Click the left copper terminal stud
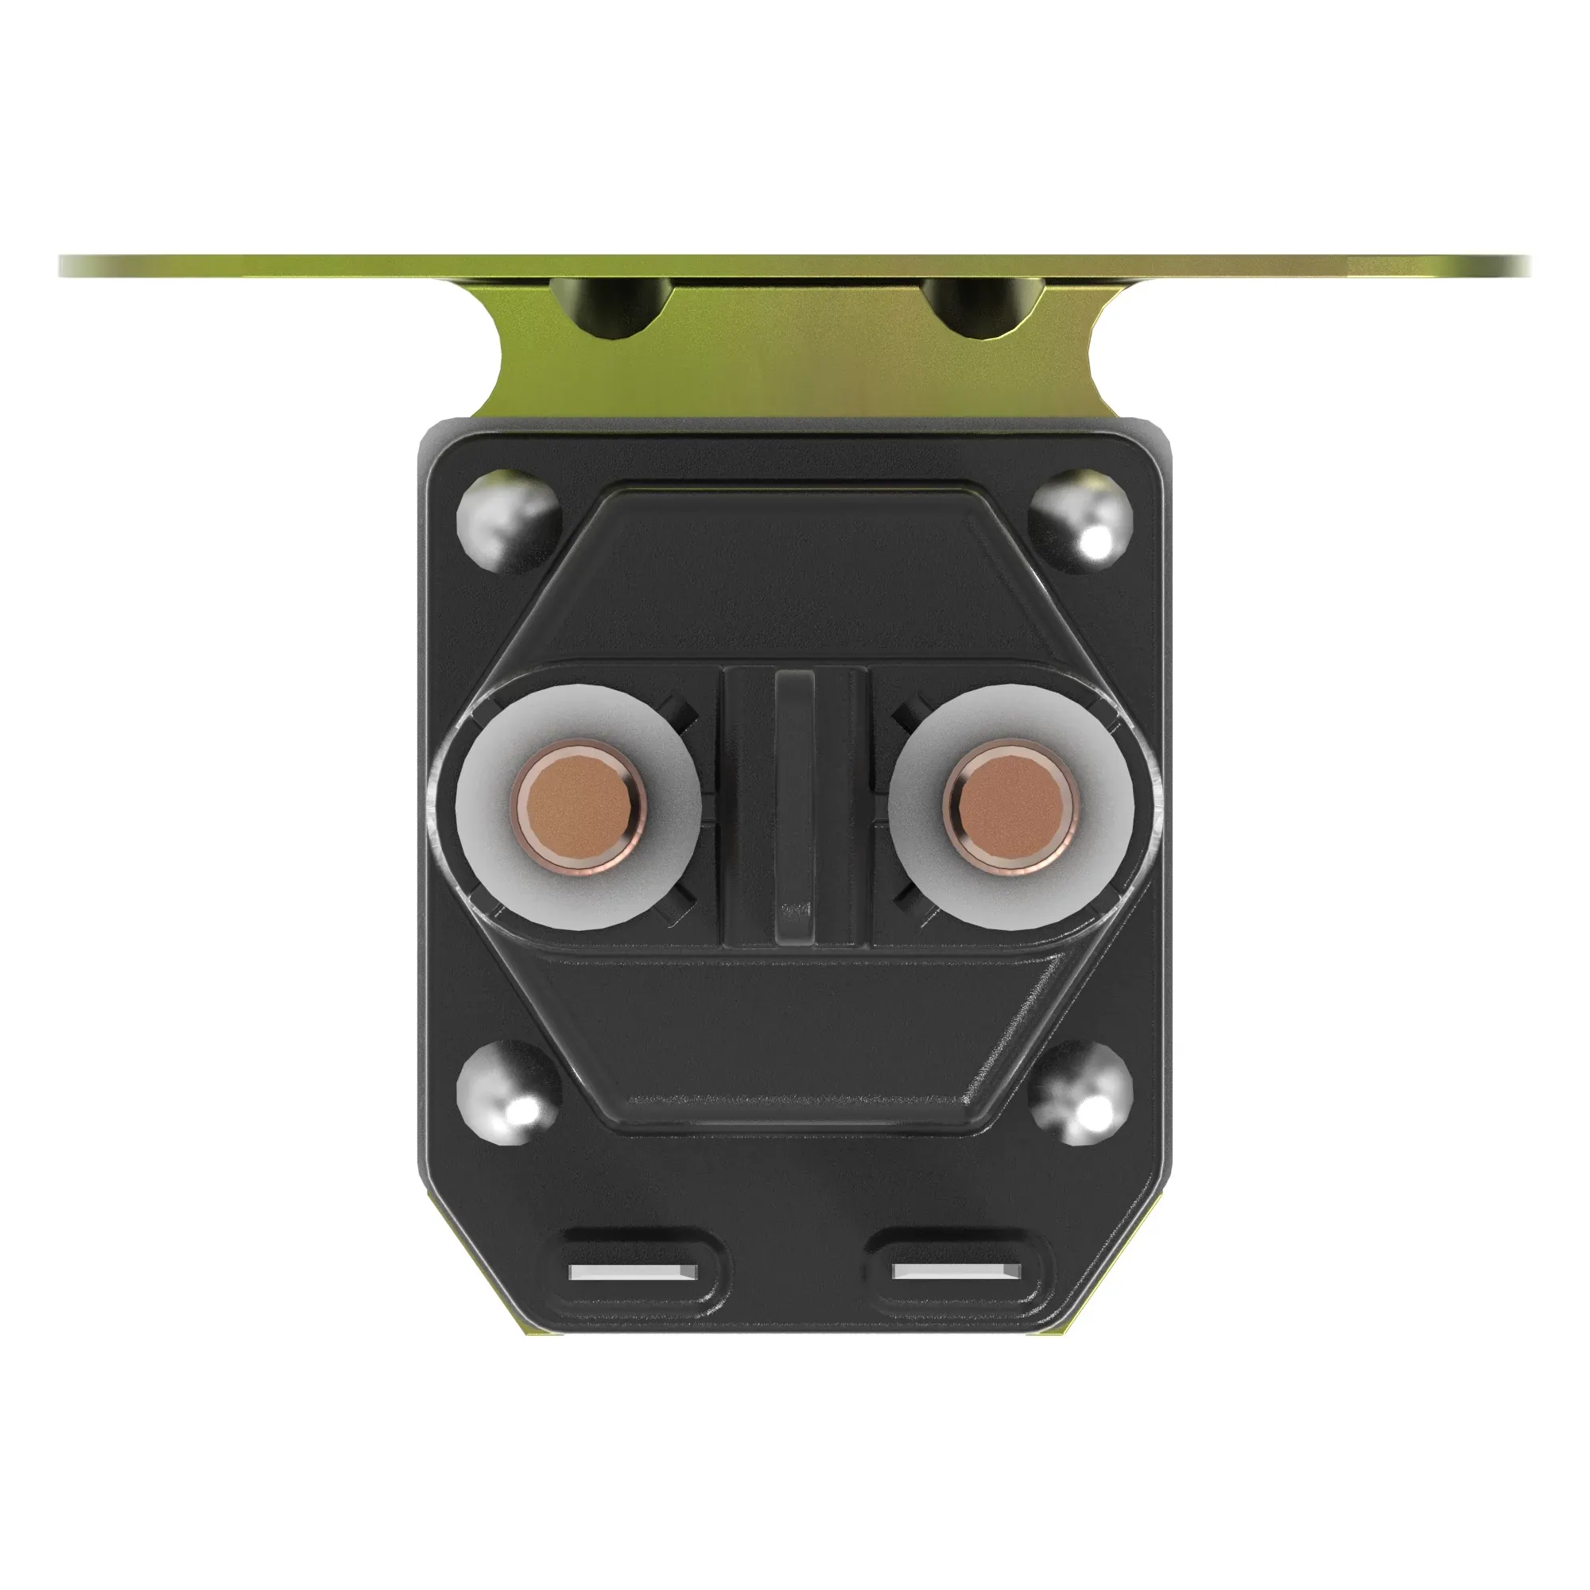(x=580, y=805)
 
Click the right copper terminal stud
(x=1010, y=805)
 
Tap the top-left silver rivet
(x=506, y=521)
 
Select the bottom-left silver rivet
(x=506, y=1092)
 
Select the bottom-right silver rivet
(x=1080, y=1092)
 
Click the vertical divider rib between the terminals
(x=794, y=806)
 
